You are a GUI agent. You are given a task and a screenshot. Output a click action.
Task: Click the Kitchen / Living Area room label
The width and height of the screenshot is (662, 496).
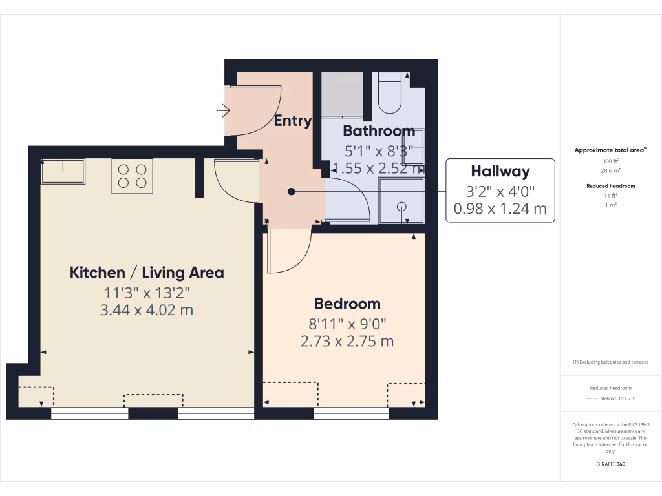147,273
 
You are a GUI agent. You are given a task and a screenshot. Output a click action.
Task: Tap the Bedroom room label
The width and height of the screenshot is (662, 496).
347,304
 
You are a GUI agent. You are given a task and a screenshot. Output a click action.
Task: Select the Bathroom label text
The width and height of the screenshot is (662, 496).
378,131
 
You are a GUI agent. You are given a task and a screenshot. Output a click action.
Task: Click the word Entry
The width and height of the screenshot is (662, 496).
292,121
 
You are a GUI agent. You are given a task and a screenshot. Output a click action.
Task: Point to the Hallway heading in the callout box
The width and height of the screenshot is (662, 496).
500,172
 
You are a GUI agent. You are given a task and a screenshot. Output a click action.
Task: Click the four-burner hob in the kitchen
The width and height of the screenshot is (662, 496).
132,176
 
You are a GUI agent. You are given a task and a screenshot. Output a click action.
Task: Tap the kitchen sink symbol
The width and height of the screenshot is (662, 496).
63,172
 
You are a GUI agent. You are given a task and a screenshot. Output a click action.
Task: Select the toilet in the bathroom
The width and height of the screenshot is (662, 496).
390,96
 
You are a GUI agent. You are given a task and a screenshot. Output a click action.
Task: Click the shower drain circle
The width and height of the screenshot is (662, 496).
401,207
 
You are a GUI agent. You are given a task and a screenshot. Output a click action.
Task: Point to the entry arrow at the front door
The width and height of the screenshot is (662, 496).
224,112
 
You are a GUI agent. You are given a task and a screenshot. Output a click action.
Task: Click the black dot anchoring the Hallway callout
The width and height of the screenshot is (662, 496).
292,191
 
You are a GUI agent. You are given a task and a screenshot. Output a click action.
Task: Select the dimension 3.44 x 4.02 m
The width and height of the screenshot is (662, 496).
147,310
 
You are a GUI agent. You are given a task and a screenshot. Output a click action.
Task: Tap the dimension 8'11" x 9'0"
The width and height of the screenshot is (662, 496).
347,324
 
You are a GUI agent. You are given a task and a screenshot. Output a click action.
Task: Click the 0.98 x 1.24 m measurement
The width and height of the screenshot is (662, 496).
500,209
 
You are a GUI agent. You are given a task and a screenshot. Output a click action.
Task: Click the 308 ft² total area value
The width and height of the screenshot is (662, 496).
611,161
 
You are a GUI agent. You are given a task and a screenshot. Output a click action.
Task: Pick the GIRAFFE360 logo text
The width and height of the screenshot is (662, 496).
611,464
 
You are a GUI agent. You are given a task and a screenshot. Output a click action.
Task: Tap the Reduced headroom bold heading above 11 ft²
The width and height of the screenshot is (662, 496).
611,186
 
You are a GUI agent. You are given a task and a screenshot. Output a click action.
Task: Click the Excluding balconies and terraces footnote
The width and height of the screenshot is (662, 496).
611,362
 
